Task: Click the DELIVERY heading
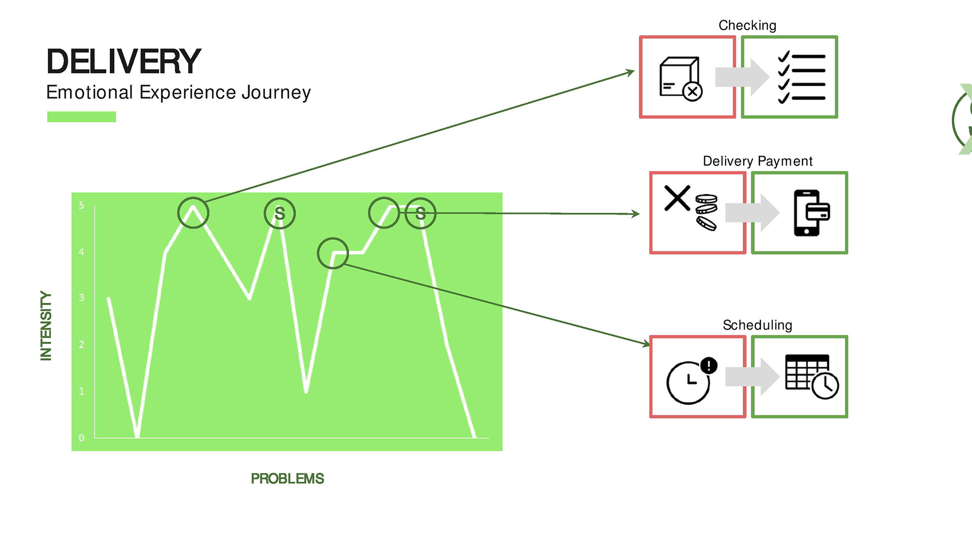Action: click(124, 61)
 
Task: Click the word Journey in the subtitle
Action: click(276, 93)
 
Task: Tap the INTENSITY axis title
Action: click(46, 326)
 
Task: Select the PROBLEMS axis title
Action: click(287, 479)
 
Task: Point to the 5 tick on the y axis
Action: click(82, 206)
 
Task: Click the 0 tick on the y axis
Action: click(82, 438)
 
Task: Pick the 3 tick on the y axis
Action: click(82, 298)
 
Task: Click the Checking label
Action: click(747, 25)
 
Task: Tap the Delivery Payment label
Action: click(757, 161)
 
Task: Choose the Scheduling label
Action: click(757, 325)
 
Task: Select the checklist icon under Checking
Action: click(801, 77)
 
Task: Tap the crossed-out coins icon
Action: click(691, 208)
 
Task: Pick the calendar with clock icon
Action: click(812, 376)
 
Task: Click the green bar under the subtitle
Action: click(82, 117)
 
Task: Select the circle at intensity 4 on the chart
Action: click(333, 253)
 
